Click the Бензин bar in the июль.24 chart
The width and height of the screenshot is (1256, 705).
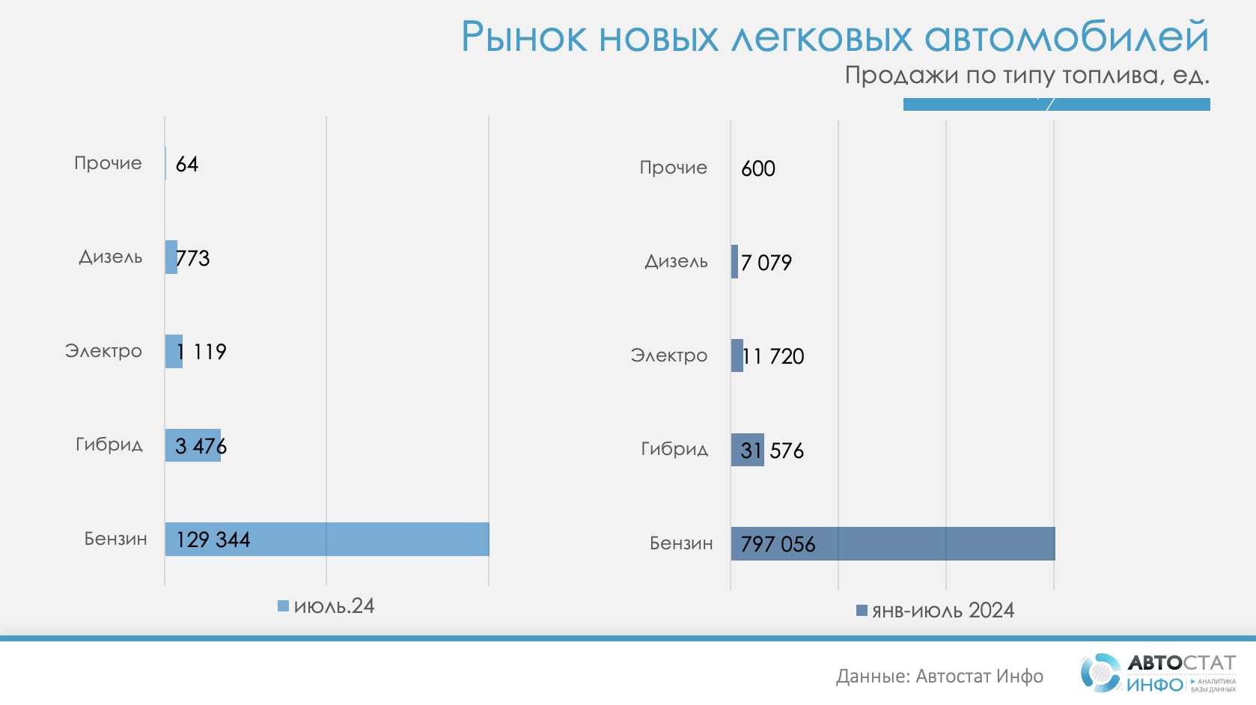tap(374, 539)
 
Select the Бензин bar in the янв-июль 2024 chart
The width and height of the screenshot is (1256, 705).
tap(936, 543)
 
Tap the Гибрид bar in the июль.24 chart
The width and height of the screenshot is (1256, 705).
tap(192, 445)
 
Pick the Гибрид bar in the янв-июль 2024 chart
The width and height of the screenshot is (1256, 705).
tap(747, 450)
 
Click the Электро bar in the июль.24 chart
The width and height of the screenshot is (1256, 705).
tap(174, 351)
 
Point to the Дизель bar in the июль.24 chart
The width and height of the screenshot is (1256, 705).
tap(171, 257)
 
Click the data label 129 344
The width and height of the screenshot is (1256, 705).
tap(213, 540)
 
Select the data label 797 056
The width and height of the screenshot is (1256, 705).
tap(778, 544)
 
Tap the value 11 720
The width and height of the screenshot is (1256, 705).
tap(773, 356)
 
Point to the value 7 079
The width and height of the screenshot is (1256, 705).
tap(766, 263)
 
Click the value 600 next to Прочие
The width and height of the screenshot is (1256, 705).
tap(758, 168)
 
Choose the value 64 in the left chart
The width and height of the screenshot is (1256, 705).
tap(187, 164)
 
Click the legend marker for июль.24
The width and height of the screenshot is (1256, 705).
tap(283, 606)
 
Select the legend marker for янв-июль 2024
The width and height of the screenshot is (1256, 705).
tap(862, 611)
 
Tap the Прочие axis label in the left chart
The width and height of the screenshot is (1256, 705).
tap(108, 163)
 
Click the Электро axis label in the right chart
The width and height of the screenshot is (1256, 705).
tap(668, 355)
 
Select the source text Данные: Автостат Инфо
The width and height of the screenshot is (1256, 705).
tap(939, 677)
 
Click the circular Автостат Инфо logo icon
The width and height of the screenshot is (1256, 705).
tap(1100, 671)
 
